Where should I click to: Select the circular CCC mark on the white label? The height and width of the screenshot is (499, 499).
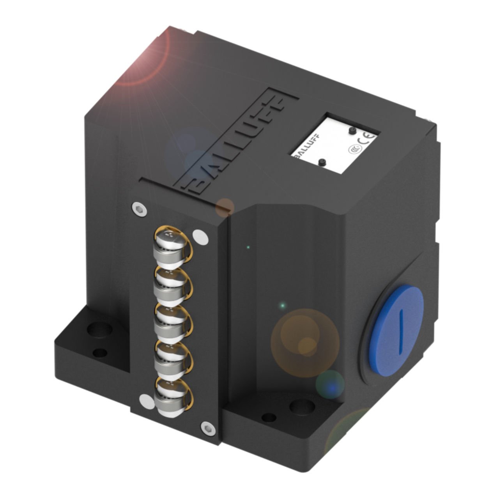tap(354, 149)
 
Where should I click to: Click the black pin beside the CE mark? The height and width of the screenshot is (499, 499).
tap(352, 130)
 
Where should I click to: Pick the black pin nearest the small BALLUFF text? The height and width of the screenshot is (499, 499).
tap(322, 162)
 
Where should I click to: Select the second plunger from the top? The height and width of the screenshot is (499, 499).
tap(168, 280)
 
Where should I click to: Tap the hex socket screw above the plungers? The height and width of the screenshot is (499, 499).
tap(139, 209)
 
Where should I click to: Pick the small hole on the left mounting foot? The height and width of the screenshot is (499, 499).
tap(101, 353)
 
